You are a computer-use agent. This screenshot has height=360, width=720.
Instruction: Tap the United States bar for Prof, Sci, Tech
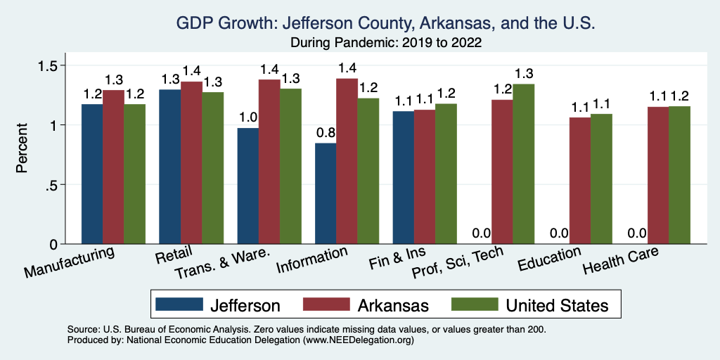point(523,164)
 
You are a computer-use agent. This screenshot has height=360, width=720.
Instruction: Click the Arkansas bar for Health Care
point(657,175)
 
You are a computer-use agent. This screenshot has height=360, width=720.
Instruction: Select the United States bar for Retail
point(212,168)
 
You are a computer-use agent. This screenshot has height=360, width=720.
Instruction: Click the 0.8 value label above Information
point(326,132)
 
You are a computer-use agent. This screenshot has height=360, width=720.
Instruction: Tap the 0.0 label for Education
point(558,233)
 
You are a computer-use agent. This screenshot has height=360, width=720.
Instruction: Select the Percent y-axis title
point(22,149)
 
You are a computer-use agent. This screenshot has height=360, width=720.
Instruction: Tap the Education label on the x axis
point(549,259)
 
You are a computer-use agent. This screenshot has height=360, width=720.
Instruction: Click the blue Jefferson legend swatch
point(177,304)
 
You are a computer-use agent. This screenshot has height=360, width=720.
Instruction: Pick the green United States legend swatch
point(472,304)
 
